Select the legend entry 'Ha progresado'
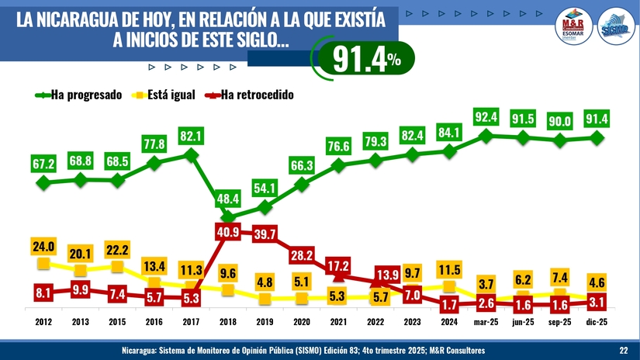pyautogui.click(x=85, y=95)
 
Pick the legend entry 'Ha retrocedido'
pyautogui.click(x=257, y=95)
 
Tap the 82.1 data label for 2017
pyautogui.click(x=191, y=136)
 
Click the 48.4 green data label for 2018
pyautogui.click(x=227, y=199)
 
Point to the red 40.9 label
pyautogui.click(x=227, y=233)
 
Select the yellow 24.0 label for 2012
pyautogui.click(x=43, y=247)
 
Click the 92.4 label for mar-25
pyautogui.click(x=486, y=117)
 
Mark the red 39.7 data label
pyautogui.click(x=265, y=235)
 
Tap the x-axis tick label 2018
pyautogui.click(x=227, y=320)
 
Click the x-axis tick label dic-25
pyautogui.click(x=597, y=320)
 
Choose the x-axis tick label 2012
pyautogui.click(x=43, y=320)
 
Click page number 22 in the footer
pyautogui.click(x=623, y=351)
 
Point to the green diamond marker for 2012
pyautogui.click(x=43, y=183)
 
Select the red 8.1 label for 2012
pyautogui.click(x=43, y=293)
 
